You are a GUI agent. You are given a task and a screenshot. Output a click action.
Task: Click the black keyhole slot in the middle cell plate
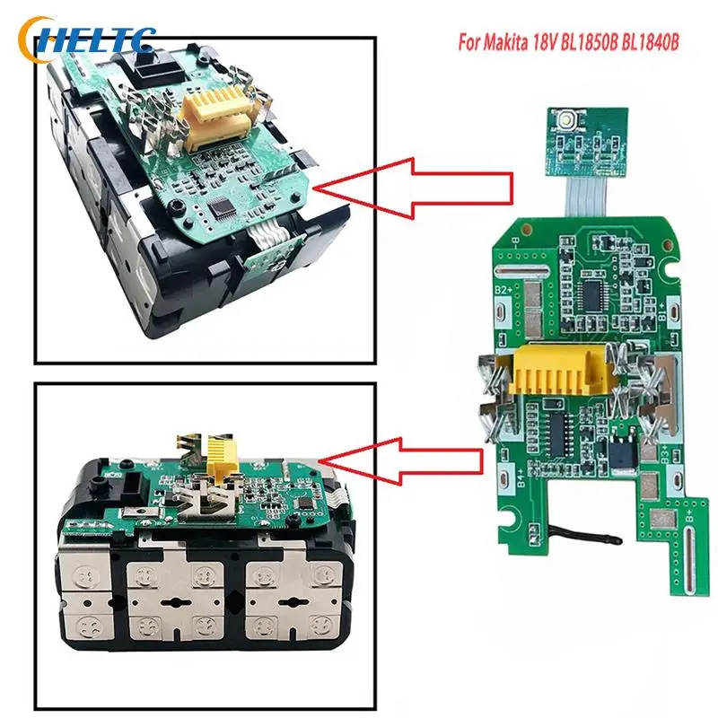[x=179, y=596]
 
